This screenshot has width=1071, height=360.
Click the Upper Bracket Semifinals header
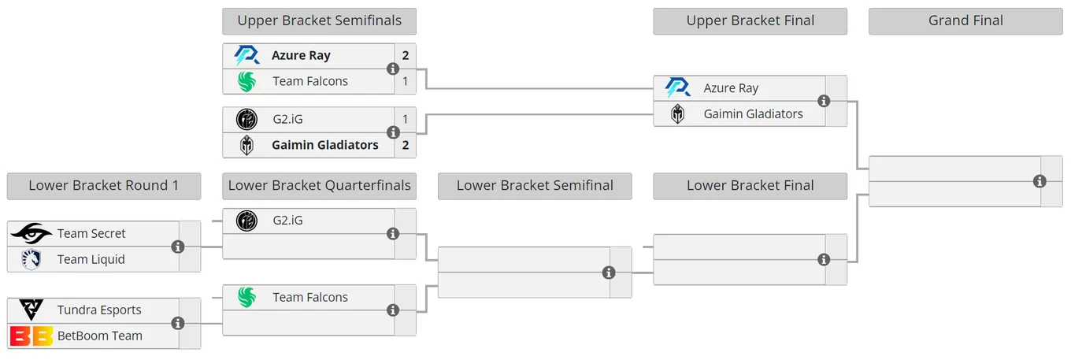tap(320, 21)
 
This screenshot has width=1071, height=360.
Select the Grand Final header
tap(965, 21)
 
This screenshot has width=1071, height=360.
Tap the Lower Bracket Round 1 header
tap(104, 186)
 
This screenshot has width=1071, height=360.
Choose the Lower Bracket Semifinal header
tap(535, 186)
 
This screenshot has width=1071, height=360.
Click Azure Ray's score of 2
tap(406, 55)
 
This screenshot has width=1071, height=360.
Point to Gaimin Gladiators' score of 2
tap(406, 145)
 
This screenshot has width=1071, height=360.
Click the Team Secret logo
tap(31, 233)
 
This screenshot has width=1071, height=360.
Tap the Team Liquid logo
tap(31, 260)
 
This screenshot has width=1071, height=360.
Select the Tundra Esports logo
tap(31, 310)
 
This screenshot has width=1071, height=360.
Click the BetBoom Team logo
tap(31, 336)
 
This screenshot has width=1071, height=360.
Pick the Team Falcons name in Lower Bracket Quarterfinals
tap(310, 297)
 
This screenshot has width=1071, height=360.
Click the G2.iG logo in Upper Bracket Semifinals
tap(246, 120)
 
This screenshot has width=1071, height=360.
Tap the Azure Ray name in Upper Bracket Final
tap(731, 88)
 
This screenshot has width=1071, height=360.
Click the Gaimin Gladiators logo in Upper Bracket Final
tap(677, 114)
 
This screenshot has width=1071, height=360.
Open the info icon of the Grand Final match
tap(1039, 182)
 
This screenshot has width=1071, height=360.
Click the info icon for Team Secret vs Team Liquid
tap(178, 247)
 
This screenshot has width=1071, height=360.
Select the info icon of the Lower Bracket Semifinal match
tap(609, 273)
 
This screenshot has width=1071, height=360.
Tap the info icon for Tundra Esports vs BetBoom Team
tap(178, 323)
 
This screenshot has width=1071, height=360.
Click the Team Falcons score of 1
tap(406, 81)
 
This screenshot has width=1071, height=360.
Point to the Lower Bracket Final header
tap(750, 186)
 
